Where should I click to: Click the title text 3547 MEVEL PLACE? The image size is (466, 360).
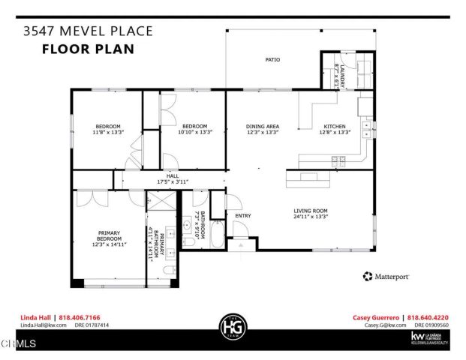(x=88, y=31)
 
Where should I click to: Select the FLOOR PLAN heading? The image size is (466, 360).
(x=88, y=49)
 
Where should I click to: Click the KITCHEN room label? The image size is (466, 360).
(x=334, y=126)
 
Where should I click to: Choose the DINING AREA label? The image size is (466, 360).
(x=263, y=126)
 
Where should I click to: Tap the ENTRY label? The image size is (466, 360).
(x=243, y=216)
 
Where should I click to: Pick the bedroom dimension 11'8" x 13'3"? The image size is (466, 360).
(x=108, y=132)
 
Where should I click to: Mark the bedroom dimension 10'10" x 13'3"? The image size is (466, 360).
(x=195, y=132)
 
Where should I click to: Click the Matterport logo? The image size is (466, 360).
(x=386, y=277)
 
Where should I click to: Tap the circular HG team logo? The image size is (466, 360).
(x=233, y=327)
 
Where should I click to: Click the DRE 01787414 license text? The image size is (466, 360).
(x=92, y=325)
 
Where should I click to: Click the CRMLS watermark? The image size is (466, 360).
(x=19, y=344)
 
